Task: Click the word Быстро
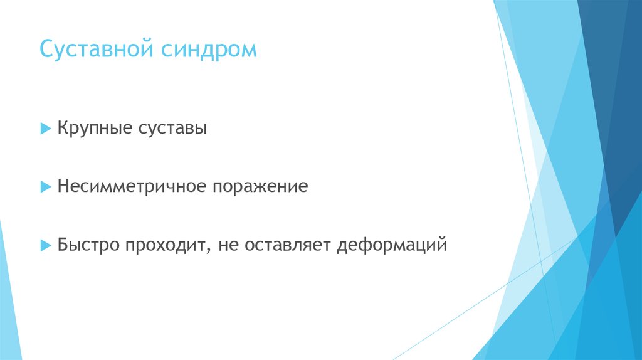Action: [x=88, y=244]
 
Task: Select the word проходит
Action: [x=165, y=244]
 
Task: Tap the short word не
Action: [x=228, y=245]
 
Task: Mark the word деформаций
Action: [x=392, y=245]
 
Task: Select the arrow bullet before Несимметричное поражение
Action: [x=45, y=187]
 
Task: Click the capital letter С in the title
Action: [x=46, y=49]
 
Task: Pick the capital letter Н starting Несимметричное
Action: [x=63, y=187]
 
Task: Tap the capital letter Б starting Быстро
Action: [x=63, y=244]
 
